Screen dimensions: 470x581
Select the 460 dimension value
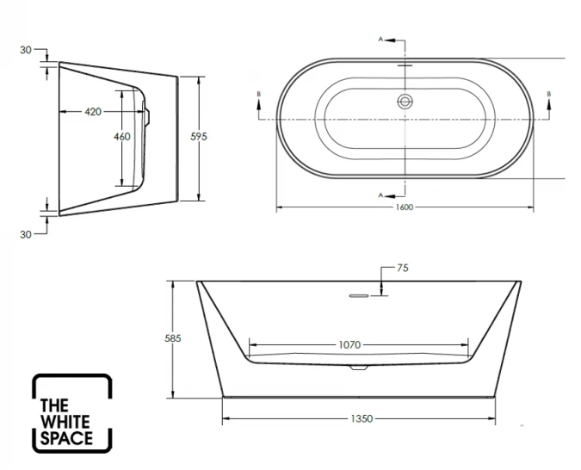[x=122, y=136]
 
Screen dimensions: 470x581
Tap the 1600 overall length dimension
[x=405, y=207]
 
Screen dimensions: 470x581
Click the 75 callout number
[x=402, y=269]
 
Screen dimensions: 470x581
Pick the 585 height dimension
[x=172, y=339]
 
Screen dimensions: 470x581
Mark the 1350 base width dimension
[x=361, y=418]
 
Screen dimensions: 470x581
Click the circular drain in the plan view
[x=405, y=101]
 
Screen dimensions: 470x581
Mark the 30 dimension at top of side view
[x=26, y=50]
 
